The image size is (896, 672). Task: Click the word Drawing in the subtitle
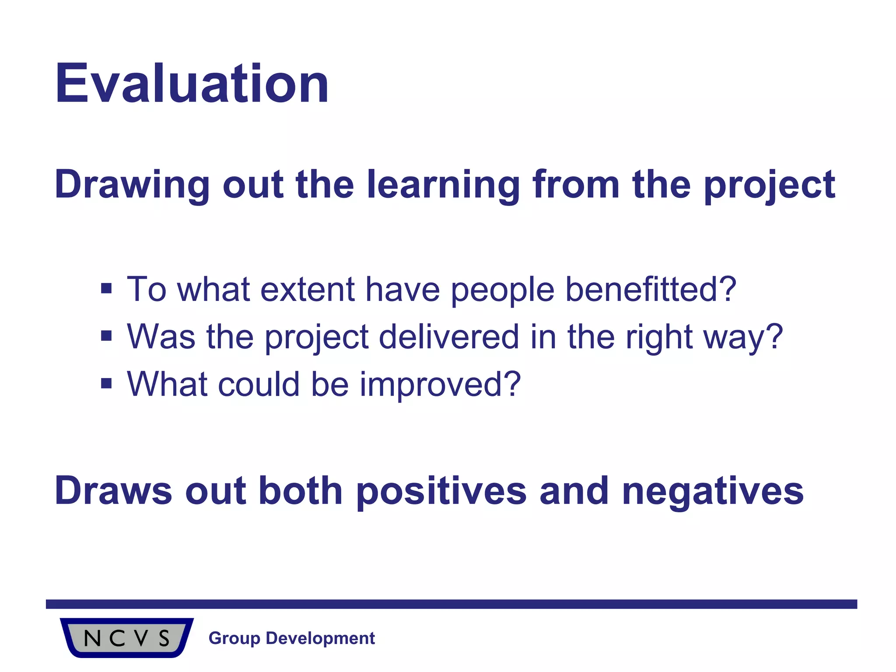pos(132,185)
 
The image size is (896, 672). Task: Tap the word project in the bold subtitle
pos(770,185)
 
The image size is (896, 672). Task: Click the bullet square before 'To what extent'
pos(106,289)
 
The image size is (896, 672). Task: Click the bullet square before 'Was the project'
pos(106,336)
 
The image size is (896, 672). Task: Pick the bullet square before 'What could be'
pos(106,383)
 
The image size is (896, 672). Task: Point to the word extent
pos(307,290)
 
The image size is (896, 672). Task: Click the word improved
pos(440,384)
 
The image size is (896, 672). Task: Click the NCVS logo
pos(126,637)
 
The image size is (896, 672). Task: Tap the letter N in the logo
pos(92,638)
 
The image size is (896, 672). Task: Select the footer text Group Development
pos(292,638)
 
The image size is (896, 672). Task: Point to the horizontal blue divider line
pos(451,604)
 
